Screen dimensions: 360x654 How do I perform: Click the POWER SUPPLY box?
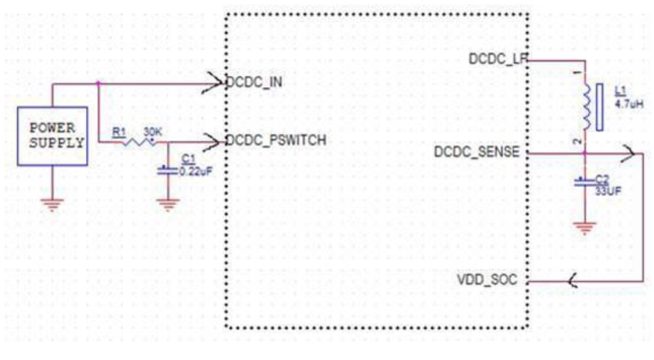click(52, 136)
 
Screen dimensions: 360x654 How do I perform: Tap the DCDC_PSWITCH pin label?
click(276, 140)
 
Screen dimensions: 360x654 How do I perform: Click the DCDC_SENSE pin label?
click(477, 153)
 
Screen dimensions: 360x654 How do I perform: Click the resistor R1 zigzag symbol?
click(139, 141)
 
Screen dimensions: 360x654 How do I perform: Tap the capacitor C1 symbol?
click(167, 170)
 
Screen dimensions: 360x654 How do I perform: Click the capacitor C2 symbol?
click(584, 183)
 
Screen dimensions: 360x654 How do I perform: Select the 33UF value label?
click(607, 190)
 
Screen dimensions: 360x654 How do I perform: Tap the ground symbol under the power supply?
click(52, 203)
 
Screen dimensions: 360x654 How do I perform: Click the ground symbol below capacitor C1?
click(167, 204)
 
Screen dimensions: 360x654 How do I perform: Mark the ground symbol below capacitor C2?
click(584, 228)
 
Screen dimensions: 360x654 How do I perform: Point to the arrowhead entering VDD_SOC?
click(574, 282)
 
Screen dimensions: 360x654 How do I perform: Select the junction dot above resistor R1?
click(98, 83)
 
